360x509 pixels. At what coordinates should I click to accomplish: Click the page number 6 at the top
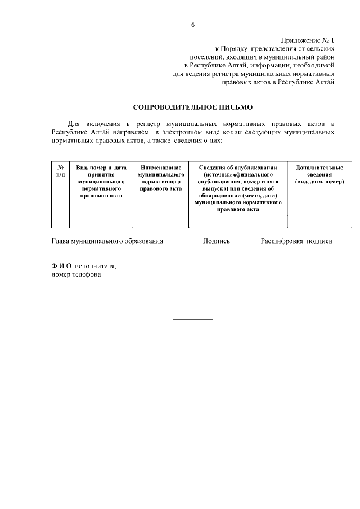coord(193,25)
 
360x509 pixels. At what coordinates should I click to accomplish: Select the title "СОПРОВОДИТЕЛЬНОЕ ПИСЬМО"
coord(193,106)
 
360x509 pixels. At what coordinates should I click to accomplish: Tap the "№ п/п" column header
coord(60,171)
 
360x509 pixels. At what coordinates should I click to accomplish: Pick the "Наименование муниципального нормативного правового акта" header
coord(160,178)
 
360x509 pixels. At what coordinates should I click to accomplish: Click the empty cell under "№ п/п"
coord(60,222)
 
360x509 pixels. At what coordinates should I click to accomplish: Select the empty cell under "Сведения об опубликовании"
coord(238,222)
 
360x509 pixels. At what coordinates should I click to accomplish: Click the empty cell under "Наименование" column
coord(160,222)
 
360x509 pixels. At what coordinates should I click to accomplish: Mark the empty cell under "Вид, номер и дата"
coord(101,222)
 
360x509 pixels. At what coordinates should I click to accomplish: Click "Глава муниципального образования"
coord(107,241)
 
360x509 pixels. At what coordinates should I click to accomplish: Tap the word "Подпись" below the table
coord(217,241)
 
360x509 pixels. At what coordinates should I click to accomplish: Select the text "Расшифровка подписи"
coord(296,241)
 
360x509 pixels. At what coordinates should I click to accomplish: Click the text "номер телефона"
coord(76,275)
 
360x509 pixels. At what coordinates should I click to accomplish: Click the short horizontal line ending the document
coord(193,319)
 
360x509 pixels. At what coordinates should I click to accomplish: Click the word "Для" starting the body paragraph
coord(74,123)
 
